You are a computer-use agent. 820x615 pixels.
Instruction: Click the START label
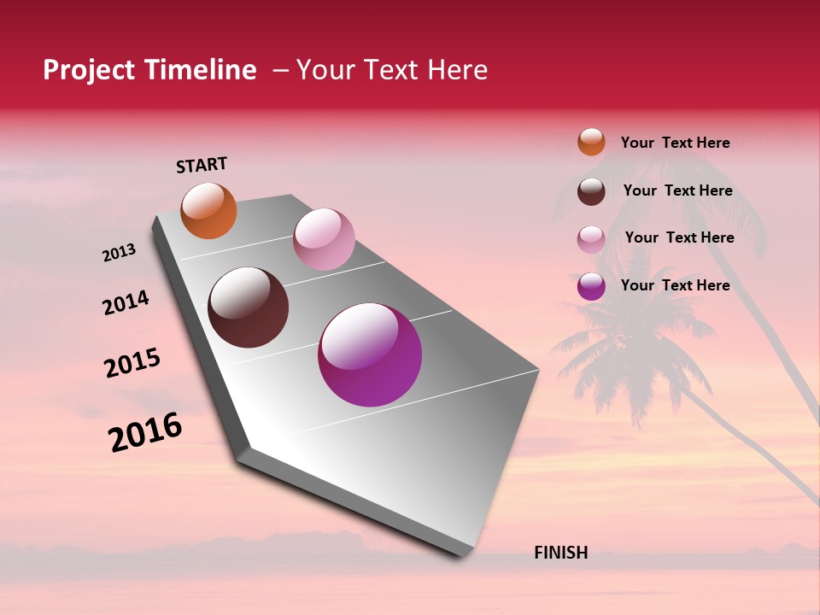tap(202, 165)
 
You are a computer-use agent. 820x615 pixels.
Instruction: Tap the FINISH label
tap(560, 553)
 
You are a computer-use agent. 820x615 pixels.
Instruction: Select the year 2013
tap(119, 253)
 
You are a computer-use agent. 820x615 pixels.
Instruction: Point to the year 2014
tap(126, 303)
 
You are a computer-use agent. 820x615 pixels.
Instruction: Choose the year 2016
tap(145, 432)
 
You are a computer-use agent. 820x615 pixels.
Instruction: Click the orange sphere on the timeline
tap(208, 210)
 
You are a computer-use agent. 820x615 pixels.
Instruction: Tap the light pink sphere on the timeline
tap(324, 239)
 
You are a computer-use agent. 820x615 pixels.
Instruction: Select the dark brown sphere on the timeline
tap(249, 307)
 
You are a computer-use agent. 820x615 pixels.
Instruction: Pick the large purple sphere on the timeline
tap(370, 354)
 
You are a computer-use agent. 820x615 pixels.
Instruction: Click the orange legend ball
tap(591, 142)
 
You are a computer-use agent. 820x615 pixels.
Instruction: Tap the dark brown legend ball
tap(591, 191)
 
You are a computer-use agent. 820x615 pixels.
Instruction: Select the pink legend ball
tap(591, 239)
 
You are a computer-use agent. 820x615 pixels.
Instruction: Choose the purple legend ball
tap(591, 286)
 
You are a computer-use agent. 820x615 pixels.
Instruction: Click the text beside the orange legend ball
tap(675, 143)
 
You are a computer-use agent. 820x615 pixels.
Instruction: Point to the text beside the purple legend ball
tap(675, 285)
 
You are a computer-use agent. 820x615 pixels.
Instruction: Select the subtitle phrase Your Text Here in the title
tap(392, 70)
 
